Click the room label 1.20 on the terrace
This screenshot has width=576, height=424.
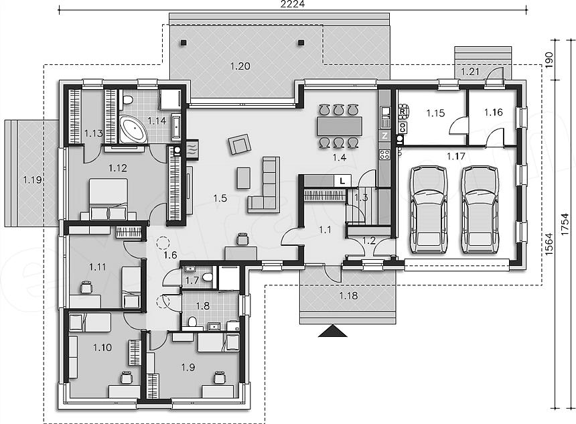point(240,66)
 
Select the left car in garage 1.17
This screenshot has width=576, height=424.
point(429,210)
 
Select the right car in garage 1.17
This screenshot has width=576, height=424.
point(480,210)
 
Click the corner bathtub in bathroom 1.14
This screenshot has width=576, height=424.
point(132,129)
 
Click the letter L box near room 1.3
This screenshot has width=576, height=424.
point(342,180)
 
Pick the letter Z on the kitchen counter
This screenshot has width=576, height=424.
point(384,135)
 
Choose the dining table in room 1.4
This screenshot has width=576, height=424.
point(340,126)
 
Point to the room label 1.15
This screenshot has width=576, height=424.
point(435,113)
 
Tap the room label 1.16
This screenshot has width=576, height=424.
point(493,112)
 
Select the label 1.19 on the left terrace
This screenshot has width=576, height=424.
point(32,180)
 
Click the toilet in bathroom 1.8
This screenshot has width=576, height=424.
point(192,322)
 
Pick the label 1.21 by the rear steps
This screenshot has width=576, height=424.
point(470,71)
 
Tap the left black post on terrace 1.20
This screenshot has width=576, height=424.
point(183,43)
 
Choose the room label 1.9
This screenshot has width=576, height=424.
point(188,366)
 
